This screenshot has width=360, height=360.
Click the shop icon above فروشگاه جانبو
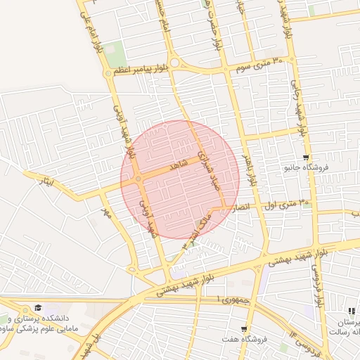tap(305, 157)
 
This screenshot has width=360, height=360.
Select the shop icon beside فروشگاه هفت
tap(244, 329)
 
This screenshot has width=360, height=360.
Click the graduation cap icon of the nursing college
tap(38, 308)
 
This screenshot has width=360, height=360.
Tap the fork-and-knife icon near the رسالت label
tap(351, 311)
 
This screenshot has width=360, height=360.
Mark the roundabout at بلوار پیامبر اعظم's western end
tap(108, 73)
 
